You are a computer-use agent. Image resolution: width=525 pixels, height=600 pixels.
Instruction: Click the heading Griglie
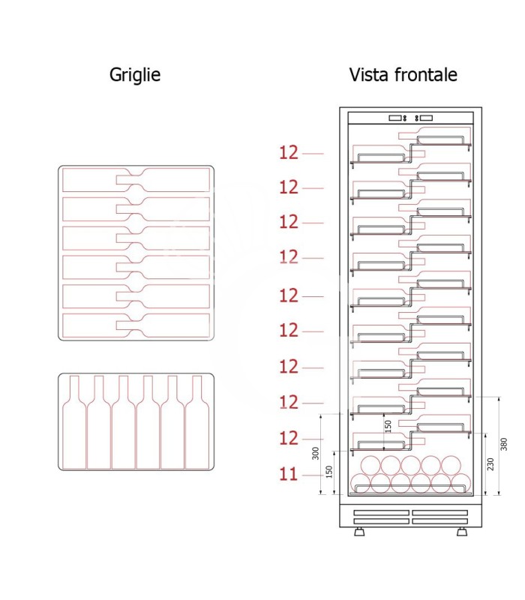click(x=135, y=75)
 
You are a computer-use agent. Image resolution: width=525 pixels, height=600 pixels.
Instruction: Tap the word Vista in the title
click(x=369, y=74)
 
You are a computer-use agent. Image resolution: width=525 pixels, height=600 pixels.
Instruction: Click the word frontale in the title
click(x=425, y=74)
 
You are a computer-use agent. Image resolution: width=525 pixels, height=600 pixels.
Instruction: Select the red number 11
click(x=289, y=475)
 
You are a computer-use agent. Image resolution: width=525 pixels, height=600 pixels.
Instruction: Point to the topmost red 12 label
click(x=289, y=153)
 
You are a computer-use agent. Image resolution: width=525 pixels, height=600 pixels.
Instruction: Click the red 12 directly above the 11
click(x=289, y=438)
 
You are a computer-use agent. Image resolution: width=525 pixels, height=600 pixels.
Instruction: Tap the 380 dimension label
click(x=503, y=444)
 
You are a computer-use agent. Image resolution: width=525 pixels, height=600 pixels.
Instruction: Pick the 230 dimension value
click(x=490, y=464)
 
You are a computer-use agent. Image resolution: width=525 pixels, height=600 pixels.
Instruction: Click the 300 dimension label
click(x=315, y=453)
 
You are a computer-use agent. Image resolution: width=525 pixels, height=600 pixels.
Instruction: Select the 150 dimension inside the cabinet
click(x=388, y=427)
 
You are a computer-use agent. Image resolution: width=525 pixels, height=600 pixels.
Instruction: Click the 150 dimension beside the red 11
click(x=328, y=472)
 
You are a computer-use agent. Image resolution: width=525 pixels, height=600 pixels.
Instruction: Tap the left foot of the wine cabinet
click(x=359, y=532)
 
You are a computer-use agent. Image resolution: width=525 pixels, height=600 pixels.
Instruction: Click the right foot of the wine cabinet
click(x=462, y=532)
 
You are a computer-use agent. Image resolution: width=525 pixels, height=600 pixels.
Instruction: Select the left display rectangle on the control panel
click(x=395, y=118)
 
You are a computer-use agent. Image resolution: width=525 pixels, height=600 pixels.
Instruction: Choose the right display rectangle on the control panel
click(x=426, y=118)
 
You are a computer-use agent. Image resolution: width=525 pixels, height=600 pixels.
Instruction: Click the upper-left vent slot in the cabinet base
click(x=382, y=513)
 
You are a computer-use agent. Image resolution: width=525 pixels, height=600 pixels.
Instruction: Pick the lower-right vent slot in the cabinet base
click(x=440, y=521)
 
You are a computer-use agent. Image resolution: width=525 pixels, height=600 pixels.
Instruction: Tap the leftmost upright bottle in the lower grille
click(x=74, y=422)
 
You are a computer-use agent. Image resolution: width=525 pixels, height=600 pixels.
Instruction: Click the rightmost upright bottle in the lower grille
click(x=197, y=422)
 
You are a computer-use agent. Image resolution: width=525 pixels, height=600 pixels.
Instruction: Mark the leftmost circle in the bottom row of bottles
click(x=361, y=483)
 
